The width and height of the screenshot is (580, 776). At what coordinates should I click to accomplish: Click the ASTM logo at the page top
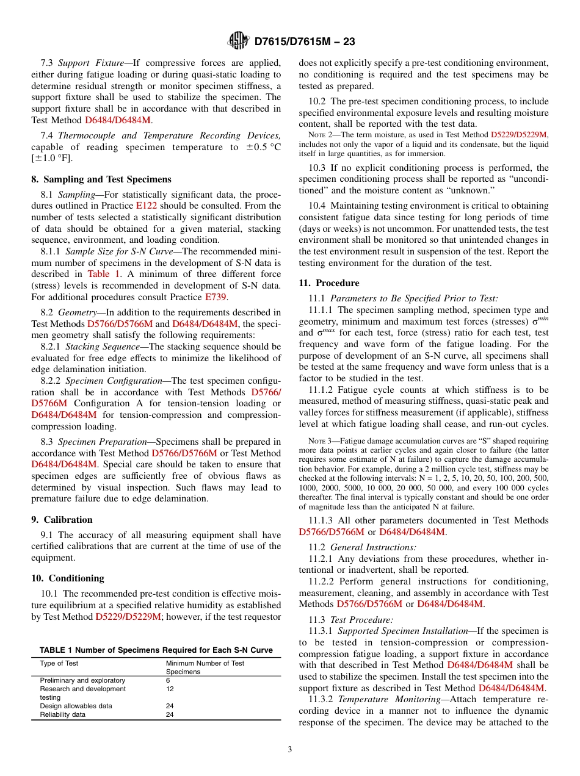coord(237,41)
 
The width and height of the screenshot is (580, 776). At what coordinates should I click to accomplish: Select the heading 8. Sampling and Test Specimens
coord(101,179)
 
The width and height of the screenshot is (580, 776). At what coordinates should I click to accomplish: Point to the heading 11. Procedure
coord(329,283)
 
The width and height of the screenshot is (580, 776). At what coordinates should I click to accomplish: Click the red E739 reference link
coord(216,297)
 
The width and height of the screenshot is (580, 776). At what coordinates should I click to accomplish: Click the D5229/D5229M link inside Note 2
coord(519,134)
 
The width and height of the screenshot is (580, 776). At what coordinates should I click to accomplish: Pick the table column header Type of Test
coord(59,663)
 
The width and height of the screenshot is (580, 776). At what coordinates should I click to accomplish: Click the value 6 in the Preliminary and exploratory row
coord(168,680)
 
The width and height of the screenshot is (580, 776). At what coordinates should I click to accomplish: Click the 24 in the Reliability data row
coord(170,714)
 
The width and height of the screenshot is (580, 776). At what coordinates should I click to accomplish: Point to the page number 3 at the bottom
coord(289,750)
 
